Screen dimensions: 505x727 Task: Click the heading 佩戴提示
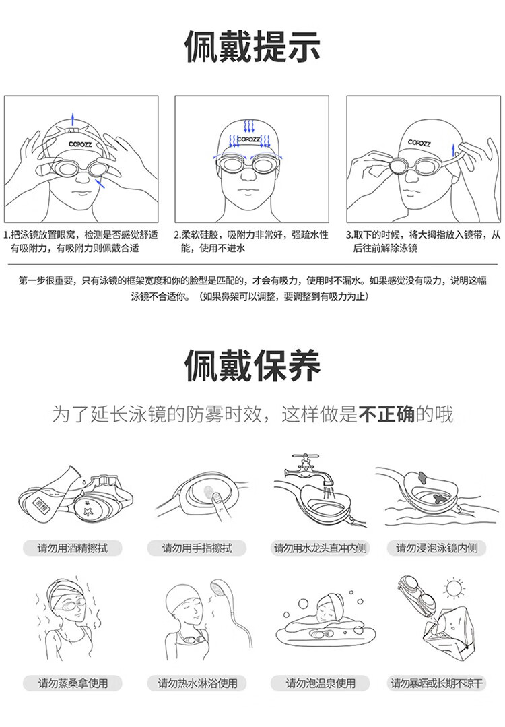click(252, 46)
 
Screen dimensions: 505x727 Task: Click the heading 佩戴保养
click(252, 365)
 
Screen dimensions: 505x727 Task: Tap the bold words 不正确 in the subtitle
click(386, 414)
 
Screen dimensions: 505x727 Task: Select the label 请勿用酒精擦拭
click(72, 548)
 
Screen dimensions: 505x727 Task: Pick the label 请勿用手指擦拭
click(197, 548)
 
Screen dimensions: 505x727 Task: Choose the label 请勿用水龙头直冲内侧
click(320, 548)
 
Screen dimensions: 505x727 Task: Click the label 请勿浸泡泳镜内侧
click(436, 548)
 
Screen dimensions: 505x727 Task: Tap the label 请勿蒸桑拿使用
click(73, 683)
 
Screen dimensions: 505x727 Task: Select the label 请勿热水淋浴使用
click(197, 683)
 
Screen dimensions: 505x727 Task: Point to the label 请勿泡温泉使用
click(321, 683)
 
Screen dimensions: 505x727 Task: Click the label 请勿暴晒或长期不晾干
click(436, 683)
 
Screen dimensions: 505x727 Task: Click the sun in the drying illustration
click(454, 588)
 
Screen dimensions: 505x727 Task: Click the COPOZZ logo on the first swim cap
click(81, 144)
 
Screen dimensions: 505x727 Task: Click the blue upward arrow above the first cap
click(72, 118)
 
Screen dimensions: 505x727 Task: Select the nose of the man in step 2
click(248, 175)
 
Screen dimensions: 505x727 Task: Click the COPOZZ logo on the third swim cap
click(419, 142)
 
